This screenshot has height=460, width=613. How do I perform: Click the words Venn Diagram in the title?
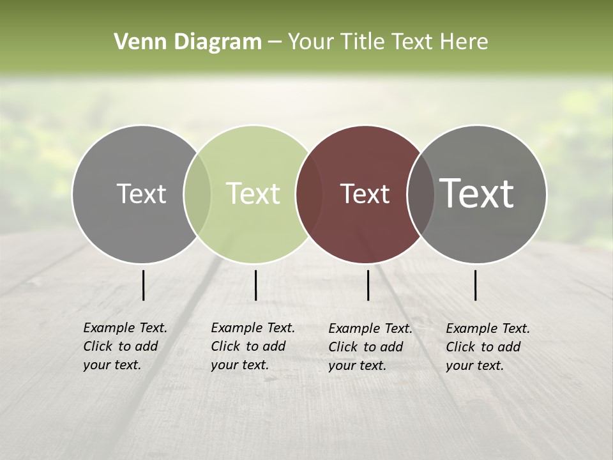pos(188,42)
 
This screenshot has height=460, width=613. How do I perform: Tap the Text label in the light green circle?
pos(254,194)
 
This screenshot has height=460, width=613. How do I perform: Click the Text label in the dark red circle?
pos(365,194)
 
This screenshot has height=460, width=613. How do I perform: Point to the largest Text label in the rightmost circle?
pos(477,194)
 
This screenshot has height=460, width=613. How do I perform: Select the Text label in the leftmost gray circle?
pos(141,194)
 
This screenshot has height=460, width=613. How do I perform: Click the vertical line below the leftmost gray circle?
pos(143,285)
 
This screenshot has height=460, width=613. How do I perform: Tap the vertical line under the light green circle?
pos(255,285)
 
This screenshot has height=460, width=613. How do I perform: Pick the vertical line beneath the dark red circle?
pos(368,285)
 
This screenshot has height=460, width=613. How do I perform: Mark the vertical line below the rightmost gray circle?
pos(476,285)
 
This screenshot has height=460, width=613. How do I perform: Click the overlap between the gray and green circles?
pos(197,194)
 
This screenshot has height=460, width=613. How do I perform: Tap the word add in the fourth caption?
pos(509,347)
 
